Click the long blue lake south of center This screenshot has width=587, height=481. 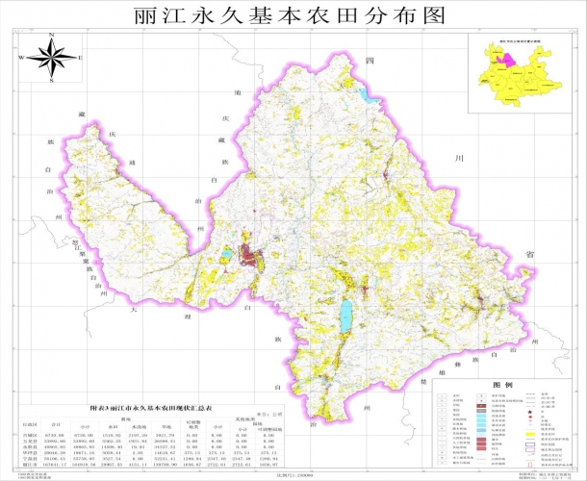point(345,314)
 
